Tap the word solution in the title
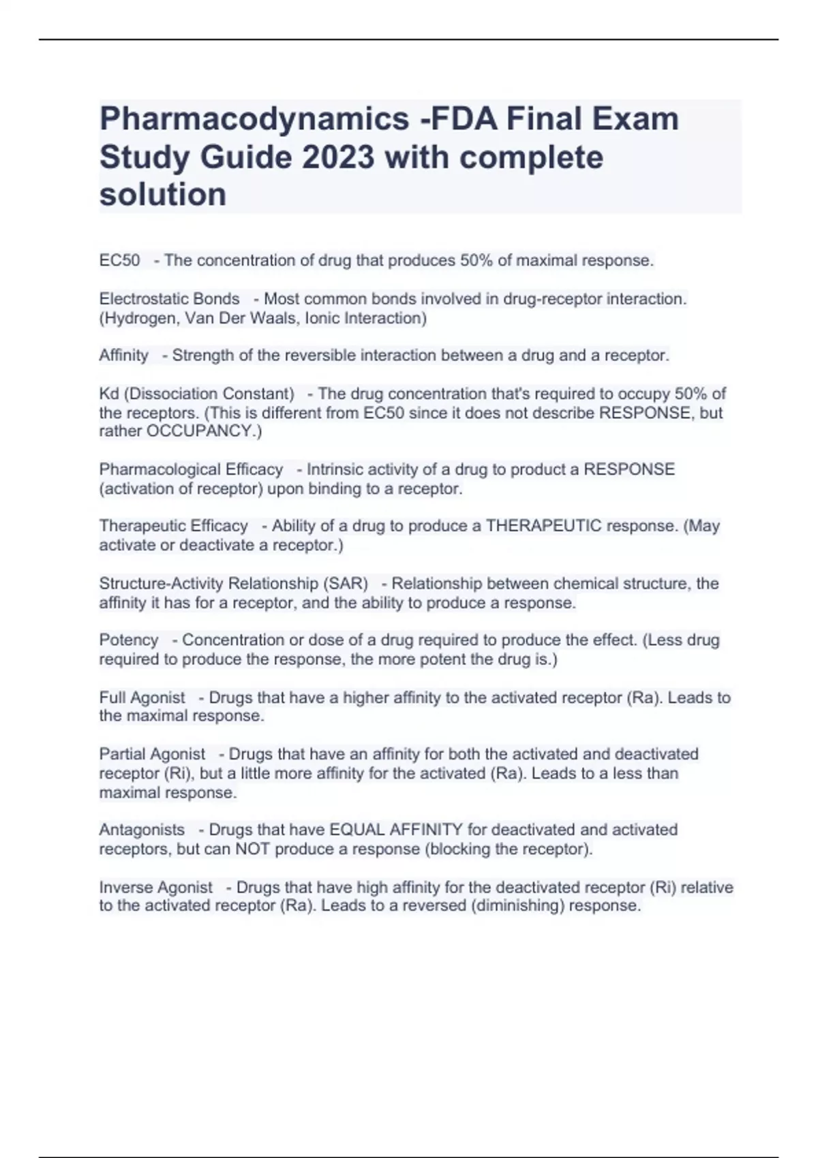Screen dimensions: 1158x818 pos(163,195)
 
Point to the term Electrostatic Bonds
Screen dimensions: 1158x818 pos(169,299)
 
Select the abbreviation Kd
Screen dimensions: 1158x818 pos(109,394)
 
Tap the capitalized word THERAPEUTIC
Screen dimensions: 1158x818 pos(543,526)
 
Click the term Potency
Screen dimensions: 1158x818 pos(128,640)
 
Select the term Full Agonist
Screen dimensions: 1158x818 pos(142,698)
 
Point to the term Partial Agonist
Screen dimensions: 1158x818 pos(152,754)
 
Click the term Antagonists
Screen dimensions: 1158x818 pos(142,830)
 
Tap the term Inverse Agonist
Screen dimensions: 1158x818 pos(155,888)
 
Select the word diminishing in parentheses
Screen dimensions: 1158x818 pos(518,906)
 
